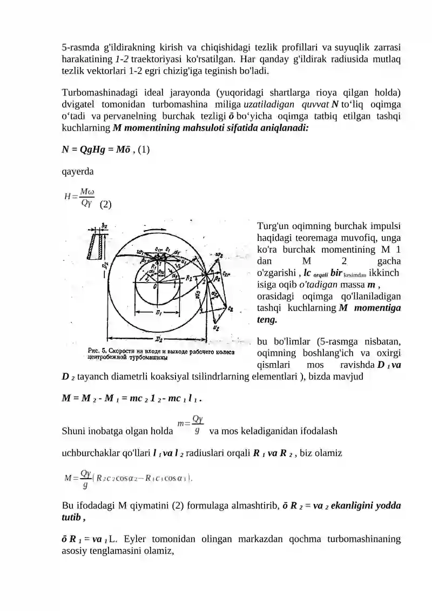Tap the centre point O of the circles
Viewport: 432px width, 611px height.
(156, 287)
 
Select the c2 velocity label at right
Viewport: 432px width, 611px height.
(231, 308)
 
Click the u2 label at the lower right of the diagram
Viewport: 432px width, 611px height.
(217, 328)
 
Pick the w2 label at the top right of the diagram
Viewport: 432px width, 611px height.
(219, 254)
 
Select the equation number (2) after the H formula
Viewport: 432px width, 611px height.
(106, 205)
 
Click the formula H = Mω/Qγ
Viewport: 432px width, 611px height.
(79, 197)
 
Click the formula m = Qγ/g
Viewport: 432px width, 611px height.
(190, 425)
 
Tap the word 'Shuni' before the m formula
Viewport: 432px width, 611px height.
(74, 431)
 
